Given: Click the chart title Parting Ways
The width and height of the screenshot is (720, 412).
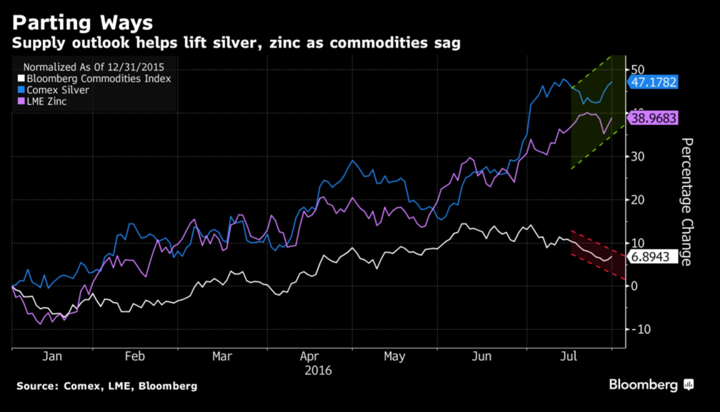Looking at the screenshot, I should [82, 23].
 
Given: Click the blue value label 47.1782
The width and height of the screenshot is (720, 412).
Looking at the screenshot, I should [654, 82].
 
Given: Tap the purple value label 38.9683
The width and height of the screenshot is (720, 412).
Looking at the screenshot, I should [654, 118].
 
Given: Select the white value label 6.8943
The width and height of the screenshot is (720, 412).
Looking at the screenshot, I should [650, 257].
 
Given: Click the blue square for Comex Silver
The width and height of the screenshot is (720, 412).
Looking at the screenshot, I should [21, 90].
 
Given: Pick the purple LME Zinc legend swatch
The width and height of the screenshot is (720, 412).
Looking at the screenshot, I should [21, 101].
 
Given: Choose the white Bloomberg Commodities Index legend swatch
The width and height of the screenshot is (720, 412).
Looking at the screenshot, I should [21, 78].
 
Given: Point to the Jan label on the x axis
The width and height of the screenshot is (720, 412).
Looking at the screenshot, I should [52, 356].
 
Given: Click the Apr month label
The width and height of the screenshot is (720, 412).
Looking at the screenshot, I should [309, 356].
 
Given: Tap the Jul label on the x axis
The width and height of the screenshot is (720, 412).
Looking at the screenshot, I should [568, 356].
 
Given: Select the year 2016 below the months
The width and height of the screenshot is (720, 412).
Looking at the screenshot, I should [318, 371].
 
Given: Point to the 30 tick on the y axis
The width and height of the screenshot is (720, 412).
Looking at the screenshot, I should [637, 157].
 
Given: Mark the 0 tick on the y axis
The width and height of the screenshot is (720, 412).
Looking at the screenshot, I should [634, 286].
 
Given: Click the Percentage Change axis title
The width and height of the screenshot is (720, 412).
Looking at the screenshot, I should [687, 202].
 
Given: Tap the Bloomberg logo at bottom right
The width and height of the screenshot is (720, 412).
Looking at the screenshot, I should [651, 385].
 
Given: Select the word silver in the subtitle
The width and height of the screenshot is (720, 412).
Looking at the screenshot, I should [237, 43].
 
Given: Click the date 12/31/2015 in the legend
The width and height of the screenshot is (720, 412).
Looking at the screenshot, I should [136, 67].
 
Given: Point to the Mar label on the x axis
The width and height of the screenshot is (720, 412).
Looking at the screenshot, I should [222, 356].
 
